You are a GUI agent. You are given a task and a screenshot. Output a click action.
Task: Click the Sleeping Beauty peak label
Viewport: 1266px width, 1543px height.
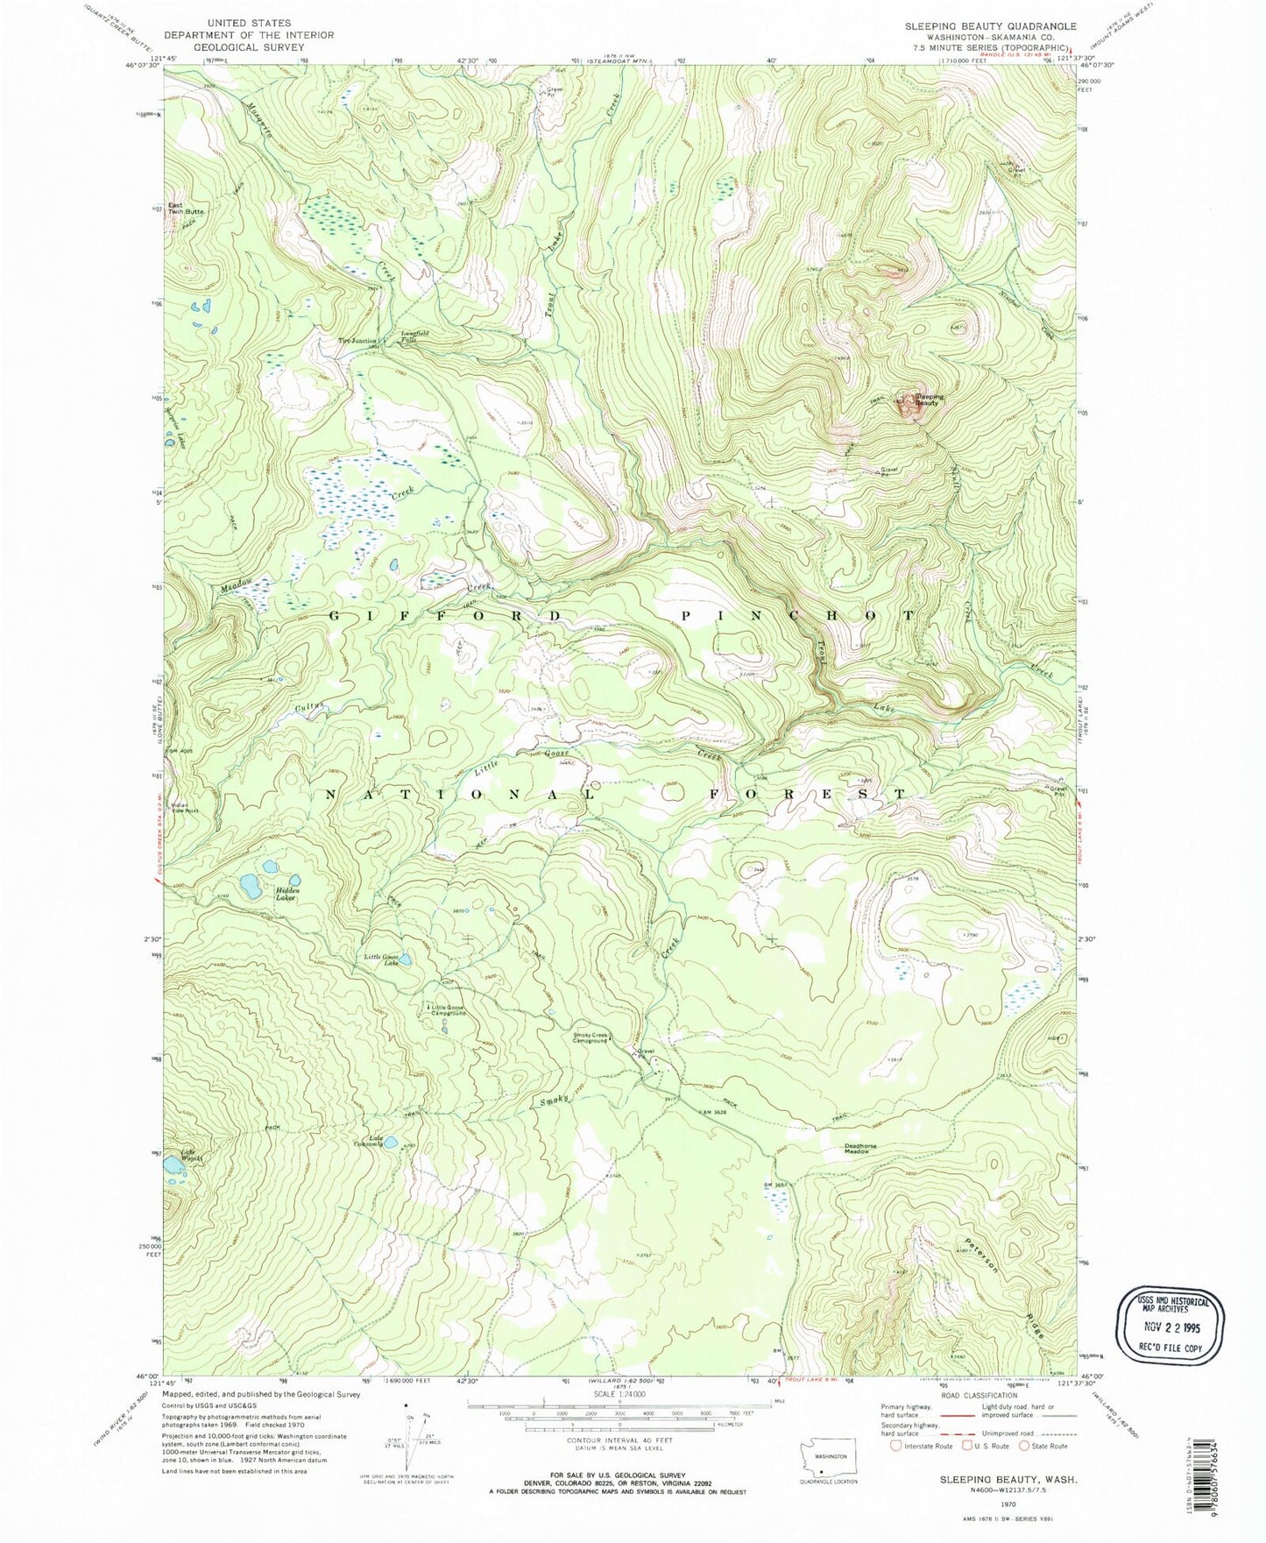930,400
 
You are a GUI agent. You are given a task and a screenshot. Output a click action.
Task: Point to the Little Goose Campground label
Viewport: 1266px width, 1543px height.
449,1010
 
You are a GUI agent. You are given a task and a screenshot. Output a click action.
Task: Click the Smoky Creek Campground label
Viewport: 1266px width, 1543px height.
590,1037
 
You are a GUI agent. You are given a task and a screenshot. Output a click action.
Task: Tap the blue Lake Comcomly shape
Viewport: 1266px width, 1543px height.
392,1142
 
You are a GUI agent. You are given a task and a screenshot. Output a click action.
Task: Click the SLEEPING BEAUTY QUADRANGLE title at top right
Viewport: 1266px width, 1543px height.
990,27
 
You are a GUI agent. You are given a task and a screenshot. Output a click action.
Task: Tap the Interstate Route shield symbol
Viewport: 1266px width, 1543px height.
895,1447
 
